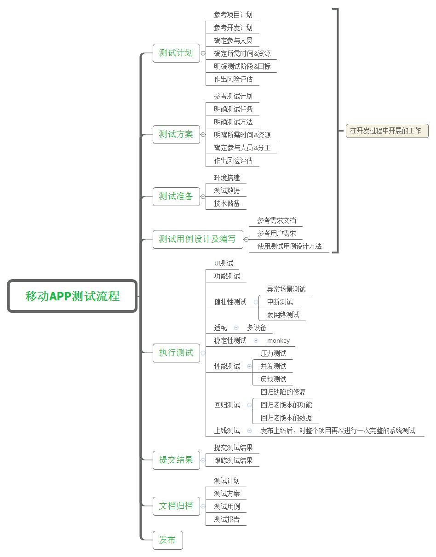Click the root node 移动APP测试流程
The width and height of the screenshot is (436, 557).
pos(72,296)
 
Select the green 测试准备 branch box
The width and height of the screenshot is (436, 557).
pos(176,196)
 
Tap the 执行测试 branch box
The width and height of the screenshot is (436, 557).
pos(176,353)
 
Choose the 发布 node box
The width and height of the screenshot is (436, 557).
pos(167,540)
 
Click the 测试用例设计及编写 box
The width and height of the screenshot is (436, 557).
pos(198,240)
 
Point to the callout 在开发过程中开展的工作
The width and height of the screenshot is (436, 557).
pos(387,131)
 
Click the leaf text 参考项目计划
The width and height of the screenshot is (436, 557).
pos(233,15)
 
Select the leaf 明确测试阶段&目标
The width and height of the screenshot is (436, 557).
pos(242,66)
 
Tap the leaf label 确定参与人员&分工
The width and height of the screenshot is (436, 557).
pos(242,148)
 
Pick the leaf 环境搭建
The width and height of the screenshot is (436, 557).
pos(227,178)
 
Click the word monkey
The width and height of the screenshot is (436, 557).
pos(278,341)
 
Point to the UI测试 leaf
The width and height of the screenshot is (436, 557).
pos(224,263)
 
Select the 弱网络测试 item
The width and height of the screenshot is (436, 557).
pos(283,315)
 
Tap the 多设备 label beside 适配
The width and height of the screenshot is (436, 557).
pos(257,327)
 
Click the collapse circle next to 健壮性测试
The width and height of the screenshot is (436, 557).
pos(256,302)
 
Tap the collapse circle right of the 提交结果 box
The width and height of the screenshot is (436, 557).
pos(203,460)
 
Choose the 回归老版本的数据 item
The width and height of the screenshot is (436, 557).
pos(286,418)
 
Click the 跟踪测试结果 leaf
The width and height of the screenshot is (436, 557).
pos(233,460)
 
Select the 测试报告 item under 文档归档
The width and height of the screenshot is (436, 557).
pos(227,520)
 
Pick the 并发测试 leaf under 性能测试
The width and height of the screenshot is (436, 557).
pos(273,366)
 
